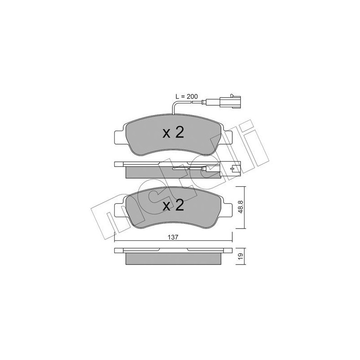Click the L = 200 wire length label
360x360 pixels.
coord(185,97)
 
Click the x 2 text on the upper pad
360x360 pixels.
coord(173,133)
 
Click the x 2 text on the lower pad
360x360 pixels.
coord(173,206)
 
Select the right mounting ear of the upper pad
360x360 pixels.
coord(227,138)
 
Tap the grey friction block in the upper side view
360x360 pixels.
coord(148,172)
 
